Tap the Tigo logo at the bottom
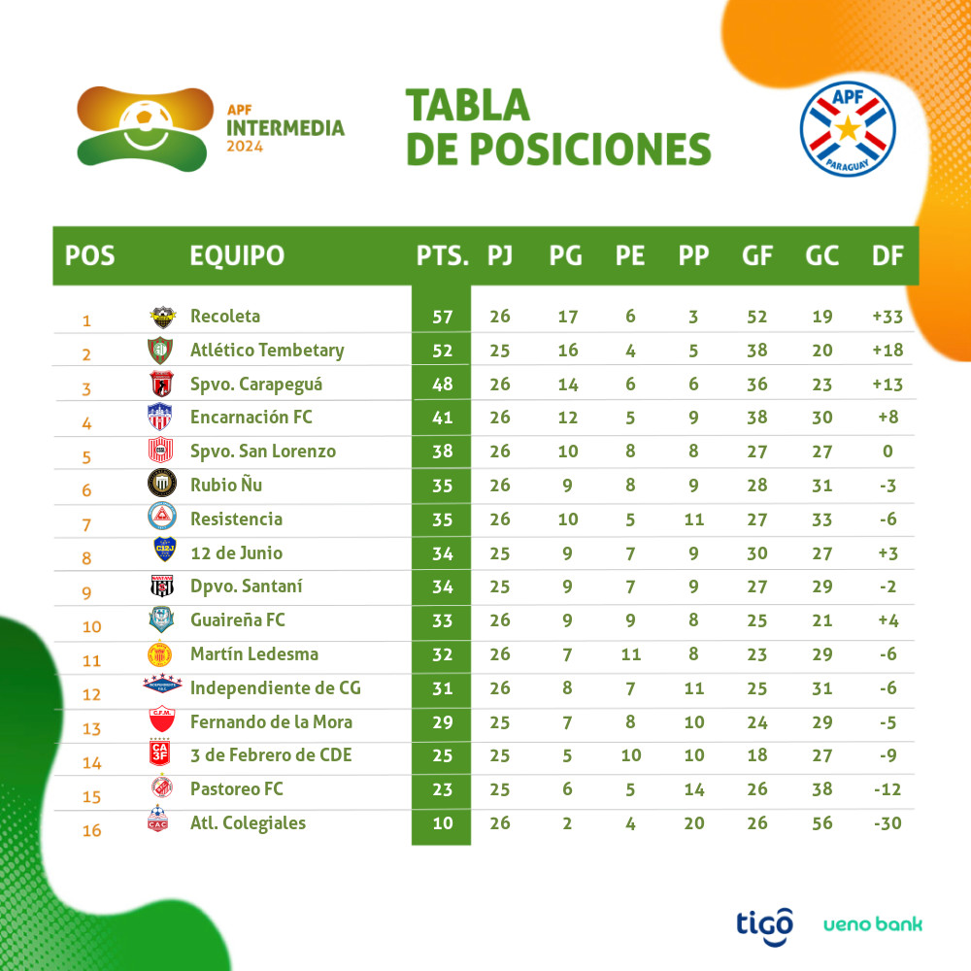[x=764, y=922]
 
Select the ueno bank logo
[x=872, y=923]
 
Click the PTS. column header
[x=443, y=255]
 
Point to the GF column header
[x=756, y=255]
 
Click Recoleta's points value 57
[x=443, y=317]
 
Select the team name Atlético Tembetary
[x=267, y=350]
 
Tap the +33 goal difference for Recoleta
[x=887, y=317]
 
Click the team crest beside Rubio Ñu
[x=160, y=483]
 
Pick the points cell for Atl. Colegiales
[x=443, y=823]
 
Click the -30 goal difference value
[x=887, y=823]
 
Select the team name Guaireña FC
[x=238, y=619]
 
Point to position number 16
[x=91, y=830]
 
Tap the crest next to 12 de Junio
[x=160, y=552]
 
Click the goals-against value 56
[x=821, y=823]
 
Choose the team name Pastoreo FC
[x=237, y=789]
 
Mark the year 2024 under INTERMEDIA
[x=245, y=147]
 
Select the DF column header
[x=887, y=255]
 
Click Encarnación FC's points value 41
[x=443, y=418]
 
